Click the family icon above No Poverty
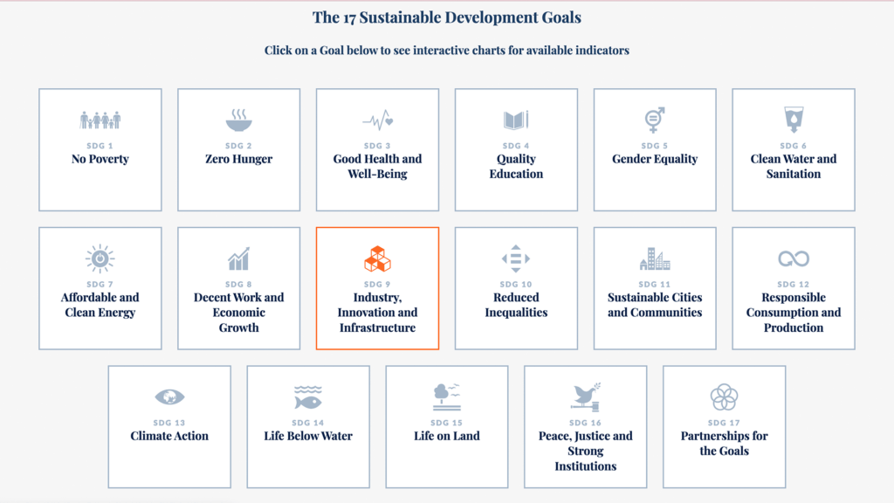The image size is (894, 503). click(x=100, y=121)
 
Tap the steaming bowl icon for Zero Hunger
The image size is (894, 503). click(x=239, y=120)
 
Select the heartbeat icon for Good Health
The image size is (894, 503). click(x=377, y=121)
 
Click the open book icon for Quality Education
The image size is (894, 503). click(x=516, y=120)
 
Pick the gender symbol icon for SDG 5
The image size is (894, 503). click(x=655, y=120)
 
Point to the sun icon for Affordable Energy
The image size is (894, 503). click(x=100, y=258)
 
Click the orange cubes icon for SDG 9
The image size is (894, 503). click(x=377, y=258)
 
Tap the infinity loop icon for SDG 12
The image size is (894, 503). click(x=794, y=258)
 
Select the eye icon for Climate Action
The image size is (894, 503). click(x=169, y=397)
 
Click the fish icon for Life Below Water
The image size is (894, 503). click(x=308, y=398)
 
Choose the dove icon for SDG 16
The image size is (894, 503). click(x=586, y=397)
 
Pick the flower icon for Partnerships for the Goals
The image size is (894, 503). click(x=724, y=397)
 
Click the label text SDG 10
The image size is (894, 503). click(x=516, y=284)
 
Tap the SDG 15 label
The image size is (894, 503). click(x=446, y=423)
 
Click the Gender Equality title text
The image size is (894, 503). click(x=655, y=159)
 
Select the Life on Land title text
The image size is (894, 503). click(x=446, y=437)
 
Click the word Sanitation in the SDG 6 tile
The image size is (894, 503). click(x=794, y=174)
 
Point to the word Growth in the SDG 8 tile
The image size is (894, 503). click(x=239, y=328)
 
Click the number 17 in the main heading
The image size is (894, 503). click(x=349, y=17)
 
